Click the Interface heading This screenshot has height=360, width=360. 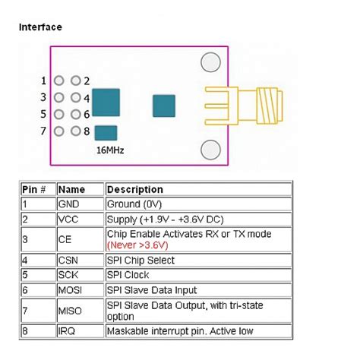click(39, 27)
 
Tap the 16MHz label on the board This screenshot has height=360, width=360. click(110, 150)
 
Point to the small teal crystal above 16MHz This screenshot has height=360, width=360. click(107, 133)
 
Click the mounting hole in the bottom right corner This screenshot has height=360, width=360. click(210, 149)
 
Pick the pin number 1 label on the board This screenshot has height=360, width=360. click(44, 81)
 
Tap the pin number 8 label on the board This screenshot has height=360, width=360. click(87, 131)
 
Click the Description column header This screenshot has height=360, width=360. click(135, 189)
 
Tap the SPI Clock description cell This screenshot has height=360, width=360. click(129, 275)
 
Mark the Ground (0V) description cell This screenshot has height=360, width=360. click(134, 204)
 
